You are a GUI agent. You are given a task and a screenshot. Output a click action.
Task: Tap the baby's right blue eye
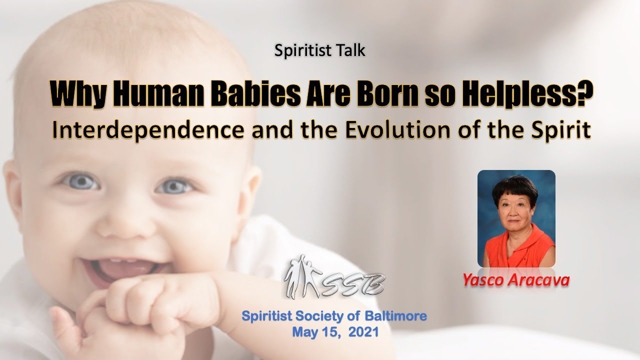coord(173,186)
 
